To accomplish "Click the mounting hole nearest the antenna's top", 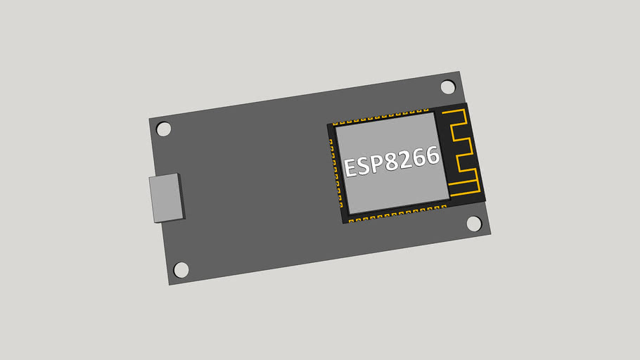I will pos(448,86).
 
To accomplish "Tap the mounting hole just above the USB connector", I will pos(163,129).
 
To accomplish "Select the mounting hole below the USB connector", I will pos(181,269).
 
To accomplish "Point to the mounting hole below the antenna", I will pos(474,224).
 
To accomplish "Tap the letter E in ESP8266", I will pos(350,169).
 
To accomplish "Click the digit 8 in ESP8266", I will pos(392,162).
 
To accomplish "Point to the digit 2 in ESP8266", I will pos(406,159).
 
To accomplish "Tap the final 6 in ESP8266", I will pos(433,155).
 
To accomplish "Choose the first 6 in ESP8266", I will pos(420,157).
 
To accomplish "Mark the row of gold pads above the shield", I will pos(380,115).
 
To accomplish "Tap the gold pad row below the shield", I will pos(397,212).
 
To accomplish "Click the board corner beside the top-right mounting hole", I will pos(459,72).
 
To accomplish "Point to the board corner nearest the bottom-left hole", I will pos(170,284).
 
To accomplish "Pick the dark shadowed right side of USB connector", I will pos(181,196).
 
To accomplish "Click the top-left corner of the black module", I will pos(328,125).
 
